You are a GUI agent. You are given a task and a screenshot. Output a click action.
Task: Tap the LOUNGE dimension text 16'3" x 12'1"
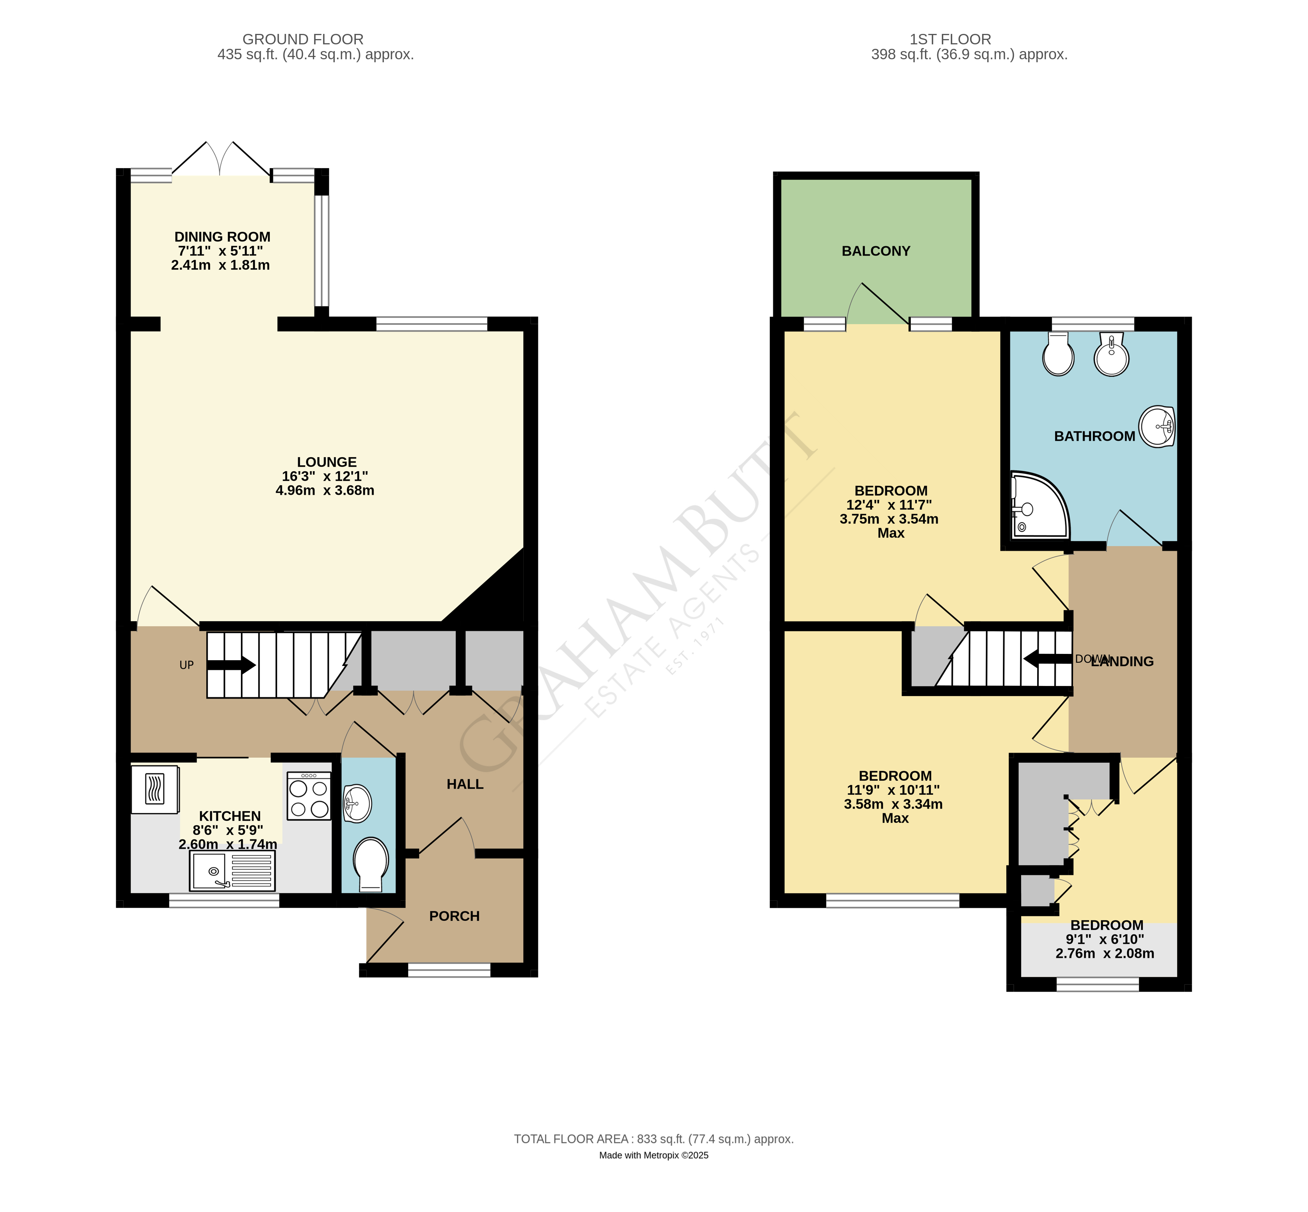pos(325,476)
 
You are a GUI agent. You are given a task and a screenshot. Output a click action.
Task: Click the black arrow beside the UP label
pos(231,665)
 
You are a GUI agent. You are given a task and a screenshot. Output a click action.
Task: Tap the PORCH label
pos(454,916)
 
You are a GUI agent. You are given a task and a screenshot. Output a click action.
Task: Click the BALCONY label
pos(876,251)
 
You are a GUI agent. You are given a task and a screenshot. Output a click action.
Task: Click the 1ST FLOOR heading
pos(950,40)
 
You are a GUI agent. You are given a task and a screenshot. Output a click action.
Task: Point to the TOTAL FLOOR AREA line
pos(653,1139)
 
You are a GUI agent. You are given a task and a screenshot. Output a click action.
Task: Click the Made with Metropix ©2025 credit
pos(653,1156)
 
